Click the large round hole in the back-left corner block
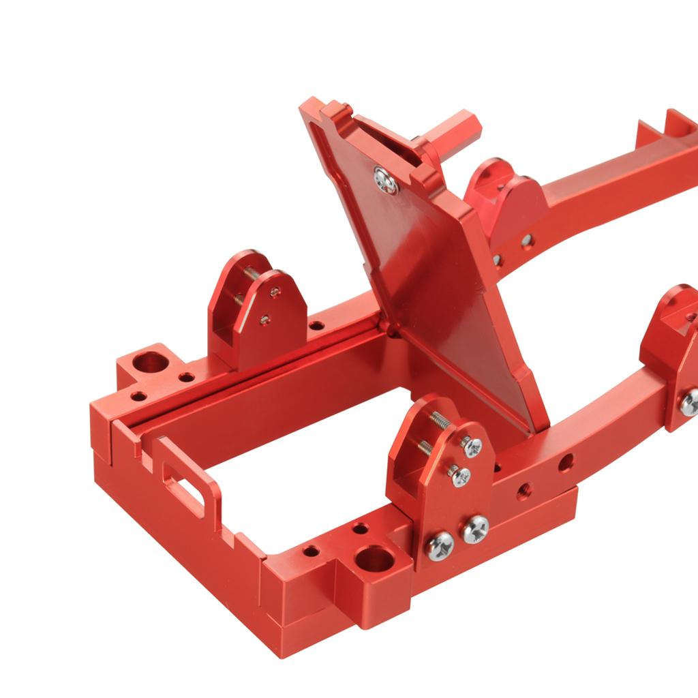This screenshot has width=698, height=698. click(151, 362)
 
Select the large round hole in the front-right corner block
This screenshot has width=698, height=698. click(374, 560)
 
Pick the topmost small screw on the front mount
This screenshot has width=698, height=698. click(472, 446)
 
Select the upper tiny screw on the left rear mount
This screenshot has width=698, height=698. click(275, 292)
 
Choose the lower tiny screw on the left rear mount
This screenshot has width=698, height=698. click(264, 318)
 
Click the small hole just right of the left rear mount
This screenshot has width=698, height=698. click(316, 326)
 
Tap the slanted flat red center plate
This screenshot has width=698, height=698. click(436, 286)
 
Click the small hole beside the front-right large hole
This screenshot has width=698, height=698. click(359, 529)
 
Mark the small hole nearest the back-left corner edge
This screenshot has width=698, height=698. click(138, 395)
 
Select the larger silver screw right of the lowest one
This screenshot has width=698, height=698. click(476, 528)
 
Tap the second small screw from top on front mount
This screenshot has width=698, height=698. click(461, 476)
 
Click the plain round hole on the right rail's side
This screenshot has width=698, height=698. click(565, 463)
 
